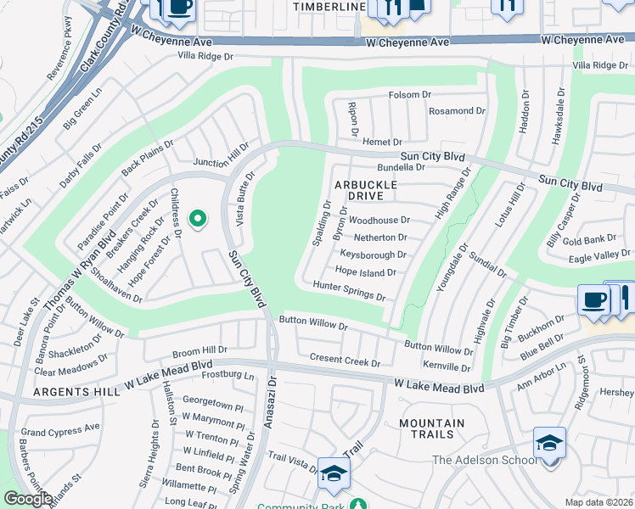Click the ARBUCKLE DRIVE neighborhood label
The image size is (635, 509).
pos(370,190)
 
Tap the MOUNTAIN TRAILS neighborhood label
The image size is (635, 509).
pos(431,428)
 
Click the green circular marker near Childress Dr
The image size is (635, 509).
pos(198,220)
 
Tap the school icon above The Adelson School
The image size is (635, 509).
pos(549,444)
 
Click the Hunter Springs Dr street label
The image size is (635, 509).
pos(350,291)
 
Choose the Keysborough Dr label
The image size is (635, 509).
pos(373,255)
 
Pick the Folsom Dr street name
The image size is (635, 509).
pos(411,95)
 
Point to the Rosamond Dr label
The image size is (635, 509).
pos(457,111)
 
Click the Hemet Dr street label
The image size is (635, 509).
pos(381,141)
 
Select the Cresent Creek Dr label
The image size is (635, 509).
pos(345,361)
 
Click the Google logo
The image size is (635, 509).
pos(28,499)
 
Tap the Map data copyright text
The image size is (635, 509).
pos(599,502)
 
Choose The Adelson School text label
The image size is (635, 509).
pos(484,461)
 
